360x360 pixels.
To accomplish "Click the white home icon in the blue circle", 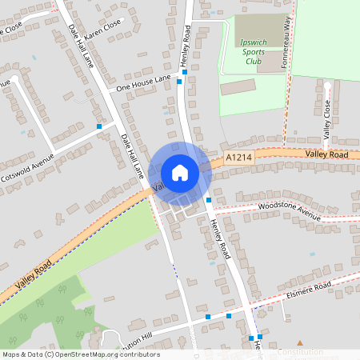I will pyautogui.click(x=179, y=172).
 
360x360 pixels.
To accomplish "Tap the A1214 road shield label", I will pyautogui.click(x=238, y=158).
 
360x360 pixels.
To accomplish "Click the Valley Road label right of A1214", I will pyautogui.click(x=326, y=154).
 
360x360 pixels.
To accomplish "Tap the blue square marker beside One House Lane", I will pyautogui.click(x=184, y=72).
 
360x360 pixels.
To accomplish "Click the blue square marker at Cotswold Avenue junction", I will pyautogui.click(x=99, y=126).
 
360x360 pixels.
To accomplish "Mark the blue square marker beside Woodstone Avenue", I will pyautogui.click(x=208, y=199).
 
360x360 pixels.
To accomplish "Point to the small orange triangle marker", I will pyautogui.click(x=300, y=342).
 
